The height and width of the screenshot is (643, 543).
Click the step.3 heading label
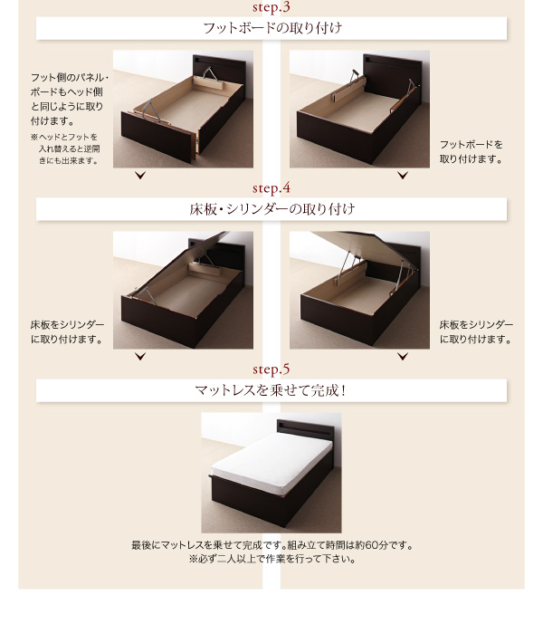[271, 7]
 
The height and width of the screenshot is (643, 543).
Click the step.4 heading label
[271, 188]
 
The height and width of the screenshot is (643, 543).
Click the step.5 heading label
[271, 369]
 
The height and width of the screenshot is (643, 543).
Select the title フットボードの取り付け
[272, 28]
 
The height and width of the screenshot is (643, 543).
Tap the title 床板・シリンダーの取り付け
[272, 209]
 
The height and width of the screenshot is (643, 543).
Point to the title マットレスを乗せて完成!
[271, 390]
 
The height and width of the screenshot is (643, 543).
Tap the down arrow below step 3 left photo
[140, 176]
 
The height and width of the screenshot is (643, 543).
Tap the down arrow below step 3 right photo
[403, 176]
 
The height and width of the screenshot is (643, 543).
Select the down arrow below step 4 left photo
[140, 357]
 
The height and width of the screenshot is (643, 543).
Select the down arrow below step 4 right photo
[403, 357]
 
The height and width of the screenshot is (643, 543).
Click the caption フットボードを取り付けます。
[472, 152]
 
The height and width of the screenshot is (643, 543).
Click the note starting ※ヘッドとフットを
[65, 149]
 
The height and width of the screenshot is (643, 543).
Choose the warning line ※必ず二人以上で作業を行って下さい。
[272, 559]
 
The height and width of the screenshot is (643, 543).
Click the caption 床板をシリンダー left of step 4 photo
[67, 332]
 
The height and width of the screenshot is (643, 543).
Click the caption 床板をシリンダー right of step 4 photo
[476, 332]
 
